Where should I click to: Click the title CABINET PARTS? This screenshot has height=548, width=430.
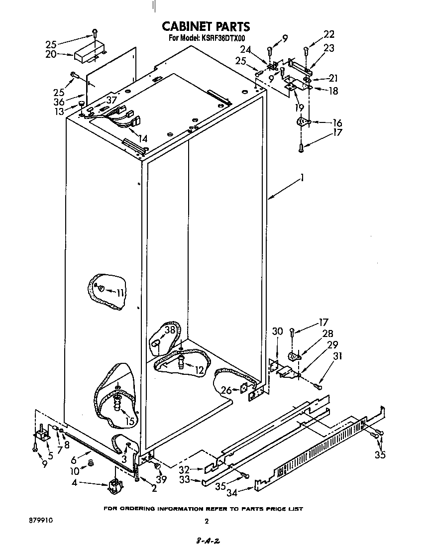(x=206, y=26)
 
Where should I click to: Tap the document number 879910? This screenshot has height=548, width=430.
(x=41, y=520)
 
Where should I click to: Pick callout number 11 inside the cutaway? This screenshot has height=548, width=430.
(x=119, y=293)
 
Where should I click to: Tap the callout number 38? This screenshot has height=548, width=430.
(x=170, y=329)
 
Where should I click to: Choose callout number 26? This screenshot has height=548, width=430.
(x=226, y=390)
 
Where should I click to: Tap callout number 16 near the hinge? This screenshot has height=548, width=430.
(x=337, y=122)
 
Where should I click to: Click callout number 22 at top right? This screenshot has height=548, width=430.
(x=329, y=34)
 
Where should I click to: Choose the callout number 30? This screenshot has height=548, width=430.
(x=278, y=331)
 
